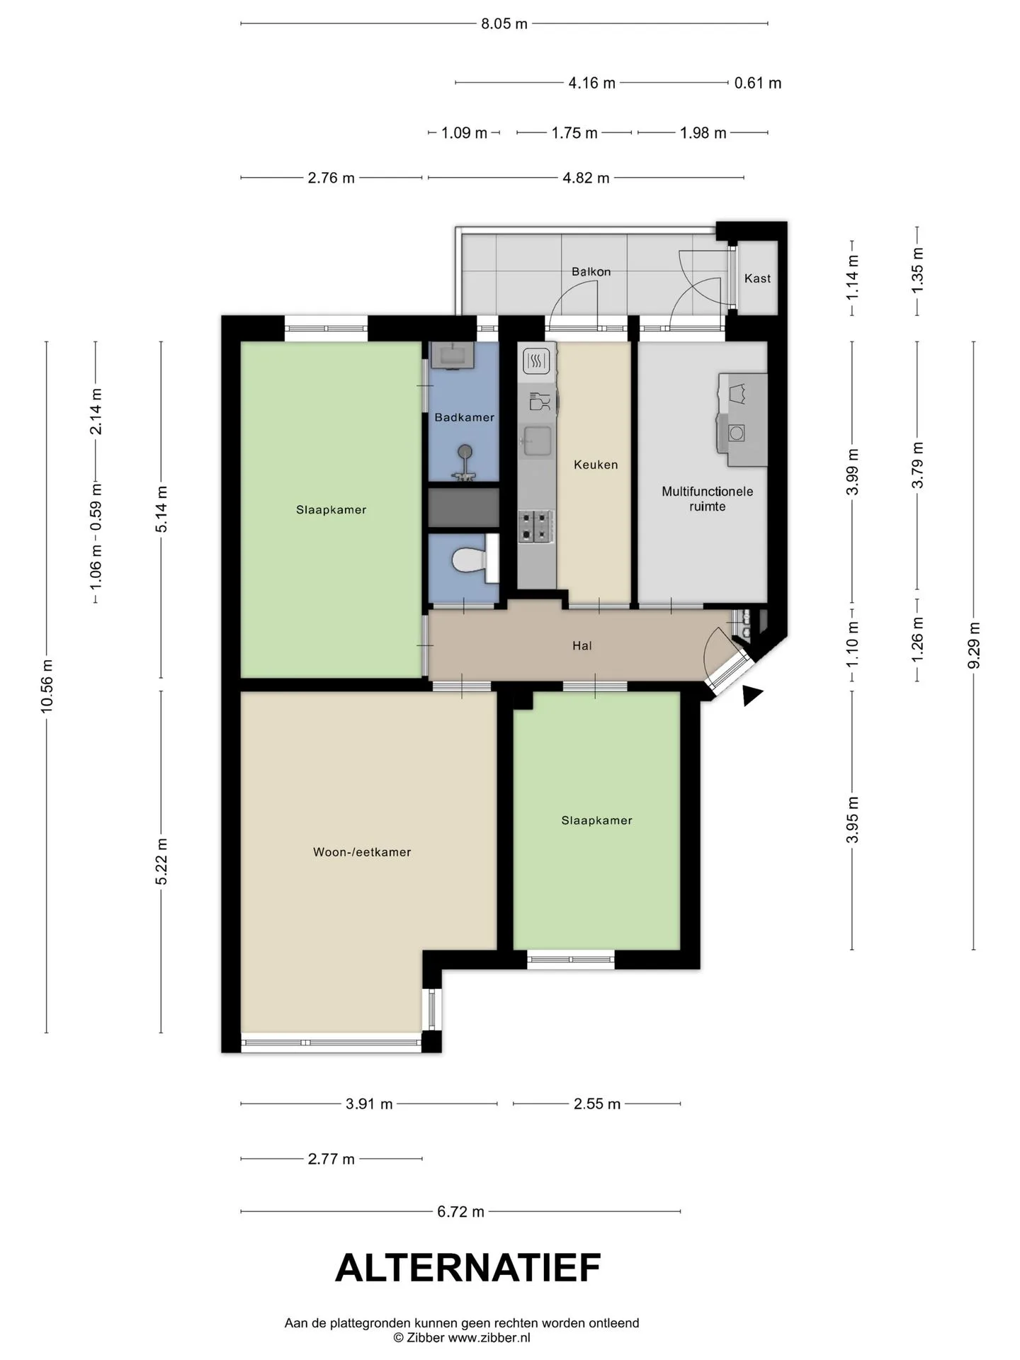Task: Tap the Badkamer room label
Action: pyautogui.click(x=465, y=417)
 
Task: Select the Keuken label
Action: pyautogui.click(x=596, y=465)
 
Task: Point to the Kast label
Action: pyautogui.click(x=757, y=278)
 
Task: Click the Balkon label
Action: pyautogui.click(x=591, y=271)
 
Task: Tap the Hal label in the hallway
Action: pyautogui.click(x=582, y=645)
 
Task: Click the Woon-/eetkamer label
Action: pyautogui.click(x=362, y=852)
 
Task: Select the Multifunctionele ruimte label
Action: pyautogui.click(x=708, y=499)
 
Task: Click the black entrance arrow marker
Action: pyautogui.click(x=752, y=696)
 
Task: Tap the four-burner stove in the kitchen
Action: pyautogui.click(x=535, y=526)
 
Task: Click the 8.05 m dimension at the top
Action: pyautogui.click(x=504, y=23)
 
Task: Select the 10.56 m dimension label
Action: pyautogui.click(x=47, y=686)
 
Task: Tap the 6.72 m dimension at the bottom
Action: pyautogui.click(x=460, y=1212)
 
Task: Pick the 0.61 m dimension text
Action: pyautogui.click(x=758, y=83)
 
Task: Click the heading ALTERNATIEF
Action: pyautogui.click(x=468, y=1268)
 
